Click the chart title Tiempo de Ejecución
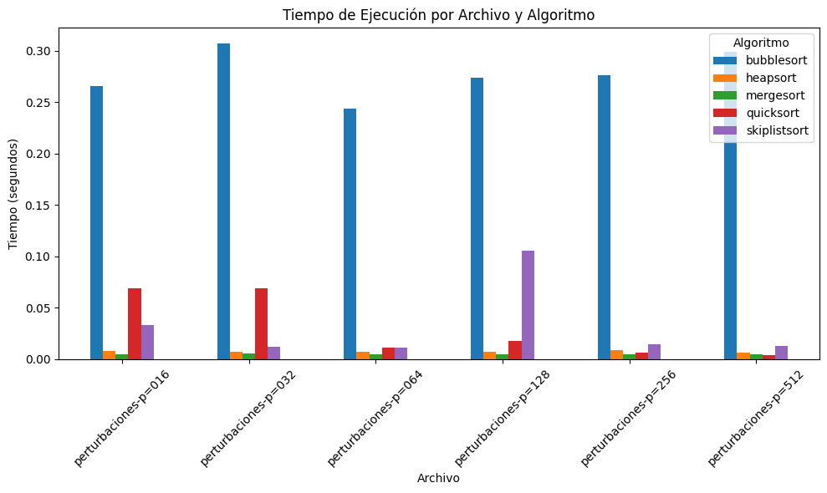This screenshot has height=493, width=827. pos(438,15)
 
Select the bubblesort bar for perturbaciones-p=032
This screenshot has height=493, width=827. pos(223,201)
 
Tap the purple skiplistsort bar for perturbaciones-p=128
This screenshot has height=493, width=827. pos(528,305)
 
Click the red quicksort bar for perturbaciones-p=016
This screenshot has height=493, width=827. pos(135,323)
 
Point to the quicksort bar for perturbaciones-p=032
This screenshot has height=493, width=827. pos(261,323)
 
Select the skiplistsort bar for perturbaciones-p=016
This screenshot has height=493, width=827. pos(147,342)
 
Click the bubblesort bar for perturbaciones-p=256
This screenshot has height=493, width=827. pos(604,217)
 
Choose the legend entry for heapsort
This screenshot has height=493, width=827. pos(760,78)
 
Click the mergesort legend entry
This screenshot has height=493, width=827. pos(763,95)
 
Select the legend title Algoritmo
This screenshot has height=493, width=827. pos(761,42)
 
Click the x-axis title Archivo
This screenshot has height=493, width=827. pos(438,479)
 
